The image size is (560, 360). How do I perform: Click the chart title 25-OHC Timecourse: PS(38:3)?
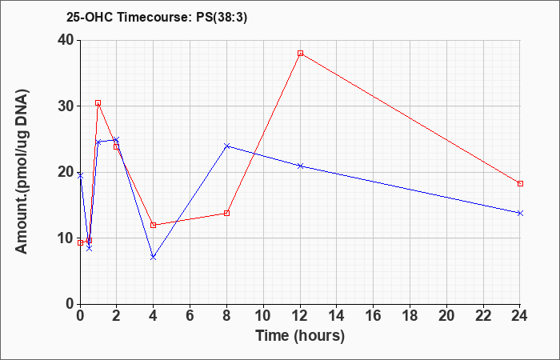(157, 18)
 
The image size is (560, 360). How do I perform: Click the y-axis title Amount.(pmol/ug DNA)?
(22, 172)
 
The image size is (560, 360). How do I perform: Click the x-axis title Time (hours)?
(300, 336)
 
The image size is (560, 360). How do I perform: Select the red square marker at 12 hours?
(300, 54)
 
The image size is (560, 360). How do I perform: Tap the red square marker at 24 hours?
(520, 183)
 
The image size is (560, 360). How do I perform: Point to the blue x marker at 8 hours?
(226, 146)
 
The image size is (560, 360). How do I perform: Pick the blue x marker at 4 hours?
(154, 257)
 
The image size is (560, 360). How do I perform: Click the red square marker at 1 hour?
(98, 103)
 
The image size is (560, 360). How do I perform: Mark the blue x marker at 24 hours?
(520, 214)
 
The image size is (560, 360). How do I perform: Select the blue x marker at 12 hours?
(300, 166)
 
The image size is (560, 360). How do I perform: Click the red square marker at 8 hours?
(226, 214)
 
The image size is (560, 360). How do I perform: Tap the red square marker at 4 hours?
(154, 225)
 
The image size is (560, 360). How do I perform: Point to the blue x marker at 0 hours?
(80, 176)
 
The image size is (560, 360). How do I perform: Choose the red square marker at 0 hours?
(80, 243)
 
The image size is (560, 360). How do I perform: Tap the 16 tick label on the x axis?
(374, 316)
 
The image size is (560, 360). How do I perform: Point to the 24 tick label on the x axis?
(519, 316)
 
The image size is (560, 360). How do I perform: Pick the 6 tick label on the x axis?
(190, 316)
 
